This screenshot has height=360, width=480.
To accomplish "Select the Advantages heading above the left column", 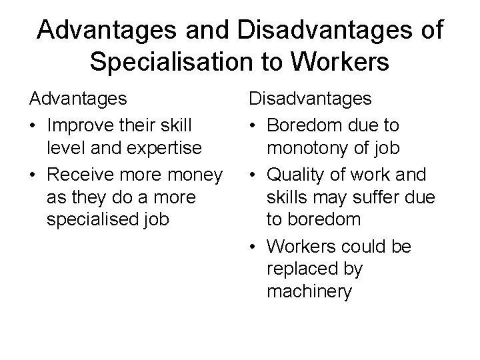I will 78,100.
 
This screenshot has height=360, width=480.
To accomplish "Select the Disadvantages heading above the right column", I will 311,100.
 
